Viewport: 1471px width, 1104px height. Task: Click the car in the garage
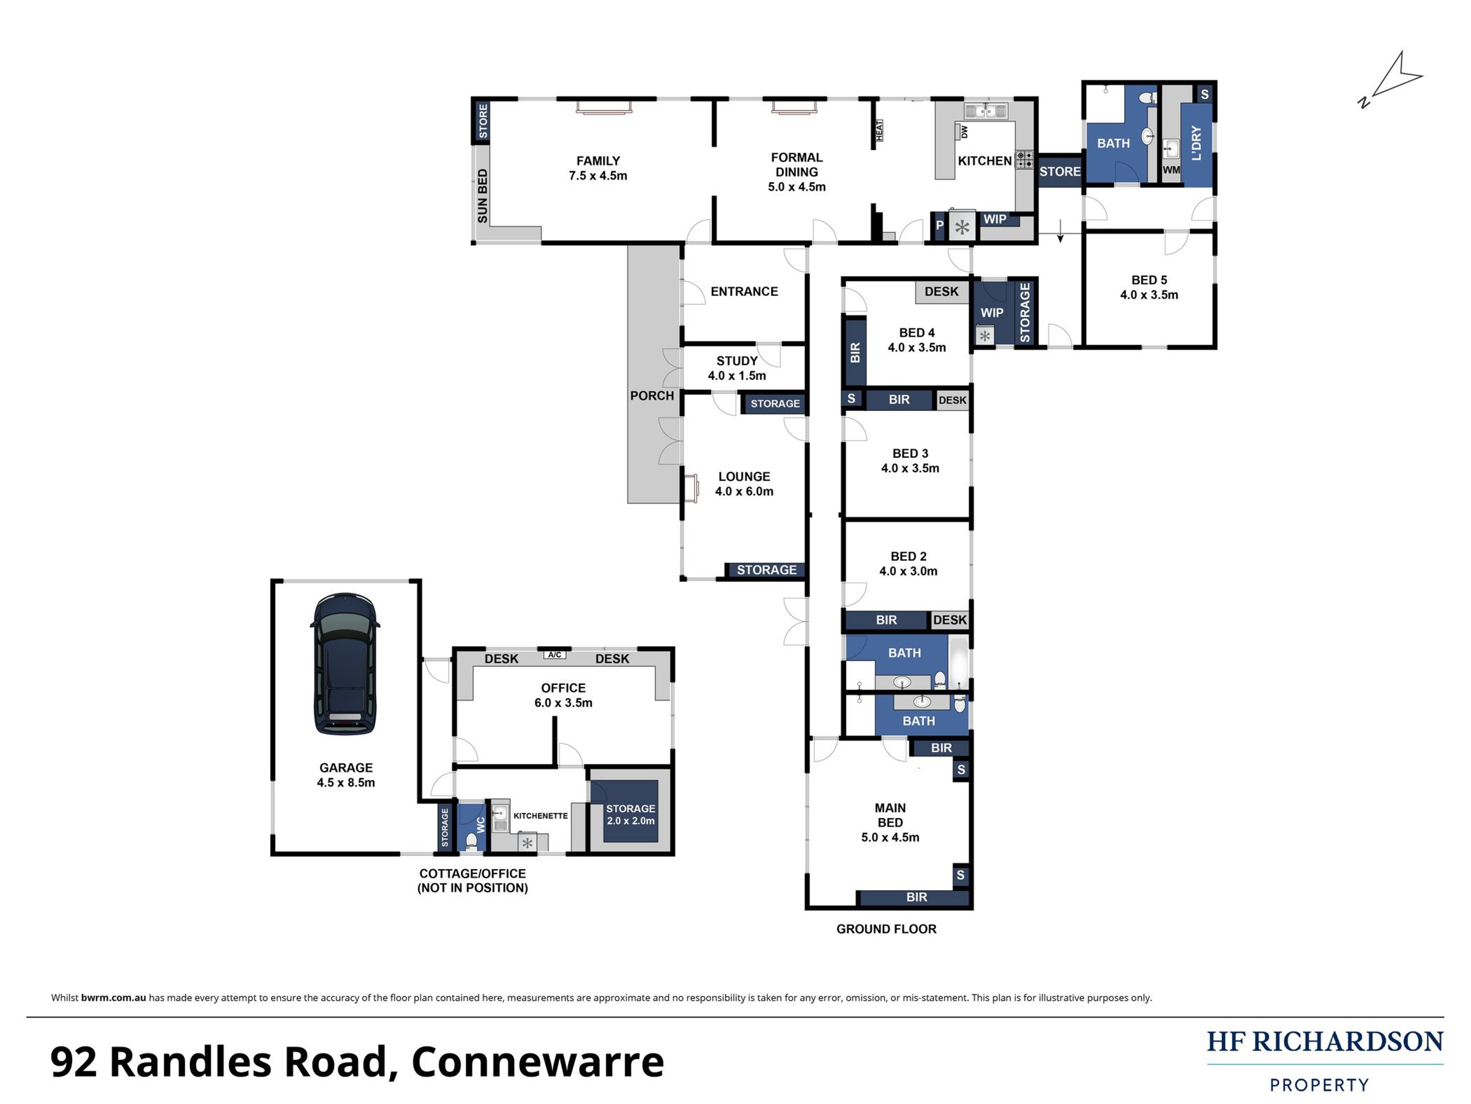[x=345, y=663]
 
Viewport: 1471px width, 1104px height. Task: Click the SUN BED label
[x=482, y=196]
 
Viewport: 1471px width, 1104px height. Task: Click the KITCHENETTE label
[x=541, y=816]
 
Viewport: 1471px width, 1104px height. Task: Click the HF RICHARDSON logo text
[x=1325, y=1042]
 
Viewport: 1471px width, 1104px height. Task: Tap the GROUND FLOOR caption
[x=886, y=929]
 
